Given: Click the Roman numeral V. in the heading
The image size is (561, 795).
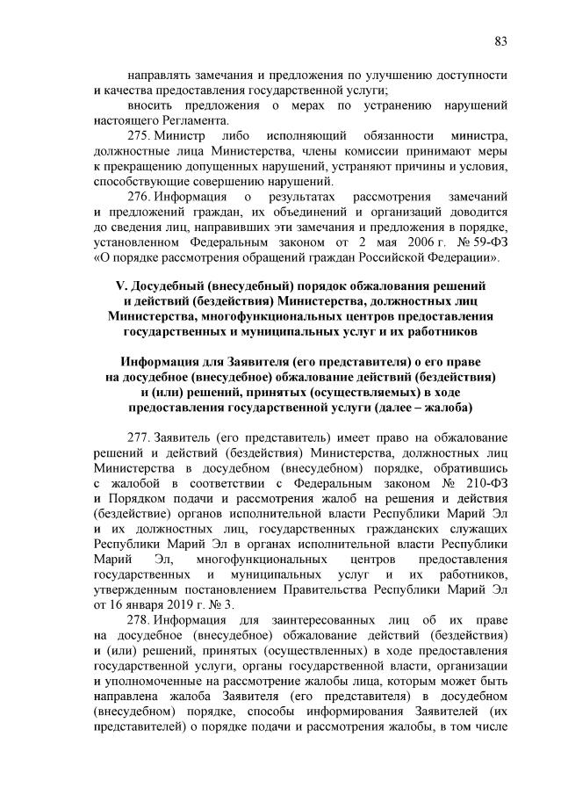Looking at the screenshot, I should click(x=123, y=286).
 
